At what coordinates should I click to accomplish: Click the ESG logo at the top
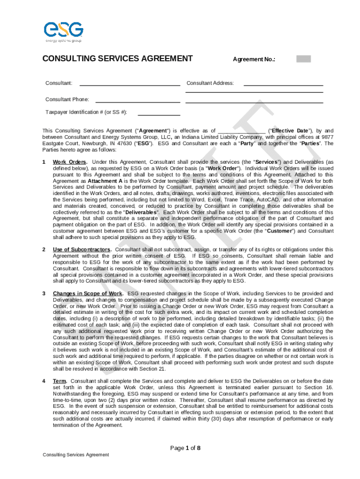63,31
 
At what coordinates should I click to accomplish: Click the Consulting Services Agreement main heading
117,58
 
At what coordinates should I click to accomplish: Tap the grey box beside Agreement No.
303,59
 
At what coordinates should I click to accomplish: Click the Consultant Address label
210,83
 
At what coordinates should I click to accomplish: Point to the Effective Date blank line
242,131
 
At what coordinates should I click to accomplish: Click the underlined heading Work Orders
70,162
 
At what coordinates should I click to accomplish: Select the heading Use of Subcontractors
82,250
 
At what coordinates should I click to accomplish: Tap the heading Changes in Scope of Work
87,294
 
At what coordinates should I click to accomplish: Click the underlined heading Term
59,381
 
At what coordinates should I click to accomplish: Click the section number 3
44,294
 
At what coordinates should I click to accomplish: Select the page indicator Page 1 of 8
186,448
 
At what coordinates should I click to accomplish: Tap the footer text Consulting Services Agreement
76,455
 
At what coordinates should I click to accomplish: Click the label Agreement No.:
254,59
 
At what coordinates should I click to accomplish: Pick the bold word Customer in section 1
279,231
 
